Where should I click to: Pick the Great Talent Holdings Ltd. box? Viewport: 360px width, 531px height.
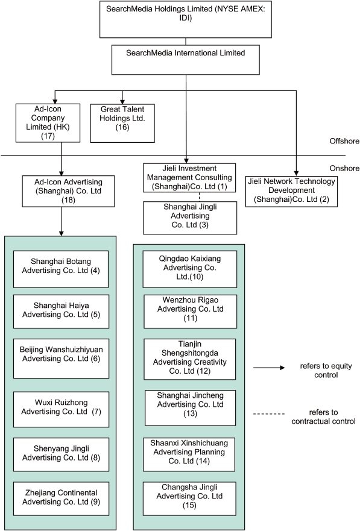click(x=122, y=123)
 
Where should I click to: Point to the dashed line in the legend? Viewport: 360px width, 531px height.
click(x=274, y=413)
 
